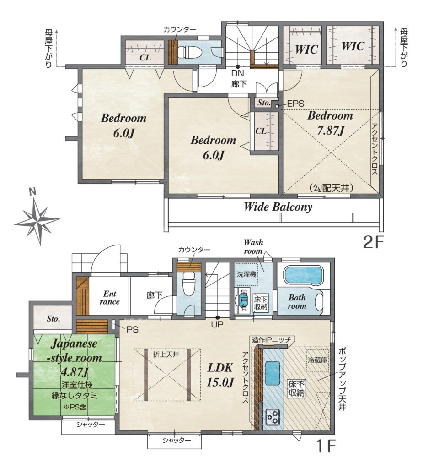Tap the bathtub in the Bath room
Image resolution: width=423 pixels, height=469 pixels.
point(303,275)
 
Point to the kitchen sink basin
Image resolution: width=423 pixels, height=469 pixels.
point(272,373)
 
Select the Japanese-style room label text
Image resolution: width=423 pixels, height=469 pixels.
point(76,350)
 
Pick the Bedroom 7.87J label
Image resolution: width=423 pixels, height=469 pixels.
point(330,123)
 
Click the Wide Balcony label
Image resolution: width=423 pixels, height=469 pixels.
point(278,207)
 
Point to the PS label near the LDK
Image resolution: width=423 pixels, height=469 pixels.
point(132,330)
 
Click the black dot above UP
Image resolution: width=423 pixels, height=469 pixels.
point(218,318)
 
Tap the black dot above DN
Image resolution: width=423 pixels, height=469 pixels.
point(238,67)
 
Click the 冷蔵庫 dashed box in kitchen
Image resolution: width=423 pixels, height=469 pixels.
point(317,360)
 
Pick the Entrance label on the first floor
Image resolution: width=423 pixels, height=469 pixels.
point(109,298)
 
